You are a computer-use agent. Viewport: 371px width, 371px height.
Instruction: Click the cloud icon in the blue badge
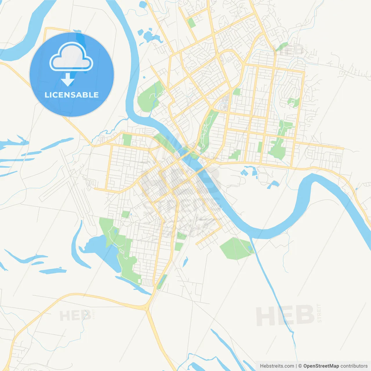(71, 57)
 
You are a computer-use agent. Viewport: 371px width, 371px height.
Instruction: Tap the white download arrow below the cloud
(68, 80)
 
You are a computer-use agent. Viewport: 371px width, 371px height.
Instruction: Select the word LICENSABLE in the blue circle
(72, 95)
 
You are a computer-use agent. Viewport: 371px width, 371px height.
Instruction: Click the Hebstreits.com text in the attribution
(277, 366)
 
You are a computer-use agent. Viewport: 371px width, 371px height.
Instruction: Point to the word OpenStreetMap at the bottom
(321, 366)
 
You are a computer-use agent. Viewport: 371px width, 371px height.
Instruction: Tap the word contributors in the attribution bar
(354, 366)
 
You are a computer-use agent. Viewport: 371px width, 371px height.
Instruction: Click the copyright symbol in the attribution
(300, 366)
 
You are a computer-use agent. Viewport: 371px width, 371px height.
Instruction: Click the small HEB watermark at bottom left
(75, 316)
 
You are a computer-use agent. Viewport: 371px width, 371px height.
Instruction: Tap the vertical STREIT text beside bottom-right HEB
(319, 313)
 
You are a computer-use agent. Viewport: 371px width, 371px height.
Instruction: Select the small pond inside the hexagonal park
(250, 248)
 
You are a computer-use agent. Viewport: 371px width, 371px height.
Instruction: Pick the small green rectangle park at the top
(191, 23)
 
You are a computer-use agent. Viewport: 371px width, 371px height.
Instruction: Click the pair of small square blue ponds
(244, 173)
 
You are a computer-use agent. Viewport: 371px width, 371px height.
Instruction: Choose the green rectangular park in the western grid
(127, 140)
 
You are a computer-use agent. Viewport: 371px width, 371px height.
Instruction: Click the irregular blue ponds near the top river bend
(149, 37)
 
